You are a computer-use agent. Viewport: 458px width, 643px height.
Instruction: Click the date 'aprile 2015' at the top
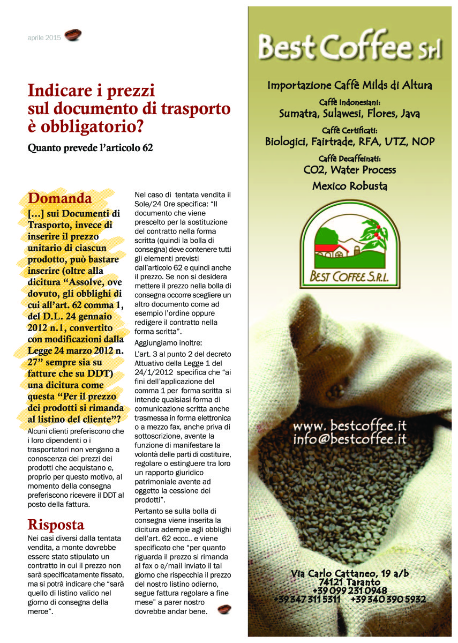tap(44, 38)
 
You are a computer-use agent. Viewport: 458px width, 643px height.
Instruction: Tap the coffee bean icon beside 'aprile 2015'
tap(73, 36)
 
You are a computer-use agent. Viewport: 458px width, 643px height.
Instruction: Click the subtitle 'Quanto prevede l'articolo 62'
tap(91, 147)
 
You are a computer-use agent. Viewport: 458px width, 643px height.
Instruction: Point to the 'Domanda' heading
tap(60, 198)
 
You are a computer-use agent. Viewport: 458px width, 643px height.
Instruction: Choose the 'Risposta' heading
tap(56, 524)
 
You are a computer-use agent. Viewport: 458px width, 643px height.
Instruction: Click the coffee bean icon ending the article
tap(224, 609)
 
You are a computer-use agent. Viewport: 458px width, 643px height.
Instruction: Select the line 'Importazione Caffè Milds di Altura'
tap(350, 85)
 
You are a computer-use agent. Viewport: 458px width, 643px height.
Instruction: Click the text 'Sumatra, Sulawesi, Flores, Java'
tap(350, 114)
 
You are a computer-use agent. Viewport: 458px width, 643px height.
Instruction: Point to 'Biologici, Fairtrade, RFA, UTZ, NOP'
tap(350, 142)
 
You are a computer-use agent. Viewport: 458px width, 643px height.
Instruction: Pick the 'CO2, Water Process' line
tap(350, 170)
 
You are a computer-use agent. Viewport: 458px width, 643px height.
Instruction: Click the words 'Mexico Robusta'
tap(350, 186)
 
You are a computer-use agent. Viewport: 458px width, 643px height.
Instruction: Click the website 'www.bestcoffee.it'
tap(350, 427)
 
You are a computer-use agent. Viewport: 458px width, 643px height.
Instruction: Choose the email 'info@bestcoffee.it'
tap(350, 439)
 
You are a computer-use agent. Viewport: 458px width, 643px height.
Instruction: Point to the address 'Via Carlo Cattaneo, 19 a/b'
tap(350, 573)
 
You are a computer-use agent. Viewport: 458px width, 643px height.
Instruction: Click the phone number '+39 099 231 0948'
tap(350, 590)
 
